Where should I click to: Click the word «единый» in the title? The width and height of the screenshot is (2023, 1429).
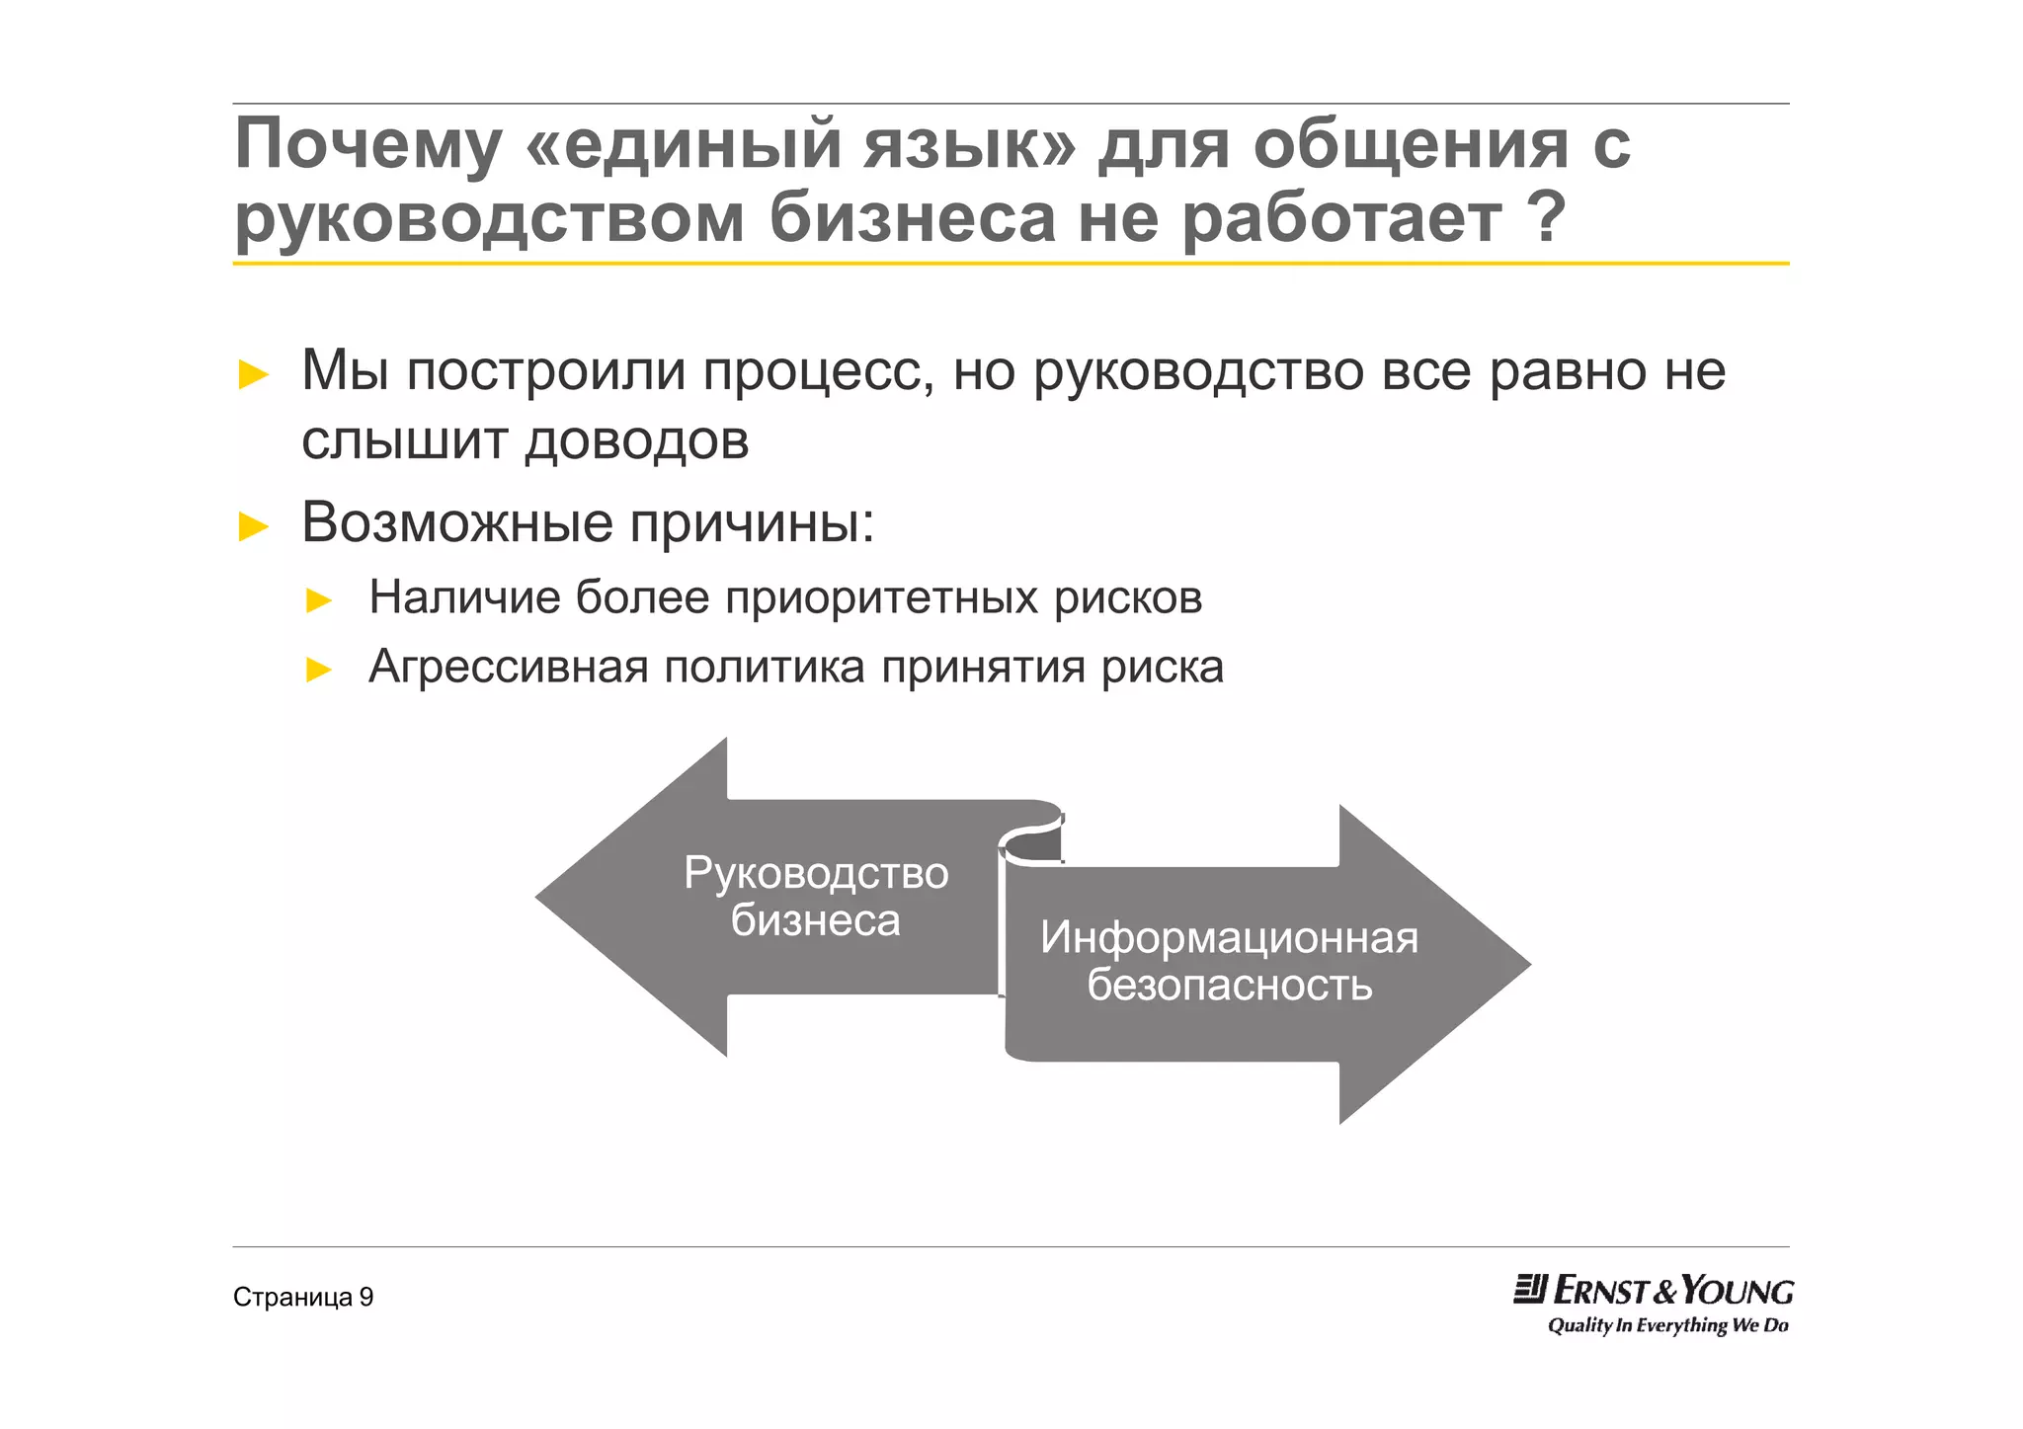(686, 145)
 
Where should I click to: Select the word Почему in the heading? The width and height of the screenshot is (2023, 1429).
(367, 145)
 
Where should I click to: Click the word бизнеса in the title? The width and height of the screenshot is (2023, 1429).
(913, 218)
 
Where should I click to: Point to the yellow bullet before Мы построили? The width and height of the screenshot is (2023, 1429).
(254, 375)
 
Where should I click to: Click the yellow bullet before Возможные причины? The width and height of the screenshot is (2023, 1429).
(254, 526)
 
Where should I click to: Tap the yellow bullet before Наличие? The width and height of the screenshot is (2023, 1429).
(319, 600)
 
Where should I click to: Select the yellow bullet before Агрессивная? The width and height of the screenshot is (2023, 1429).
(319, 671)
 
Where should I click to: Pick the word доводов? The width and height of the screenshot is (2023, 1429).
(637, 441)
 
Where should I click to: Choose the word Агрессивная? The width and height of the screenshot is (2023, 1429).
(507, 668)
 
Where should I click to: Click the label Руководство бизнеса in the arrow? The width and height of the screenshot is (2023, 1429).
(816, 897)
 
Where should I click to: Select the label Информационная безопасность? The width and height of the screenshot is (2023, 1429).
(1229, 961)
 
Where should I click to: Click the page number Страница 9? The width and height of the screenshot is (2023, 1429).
(303, 1298)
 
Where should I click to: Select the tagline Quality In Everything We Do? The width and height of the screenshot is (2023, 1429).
(1667, 1325)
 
